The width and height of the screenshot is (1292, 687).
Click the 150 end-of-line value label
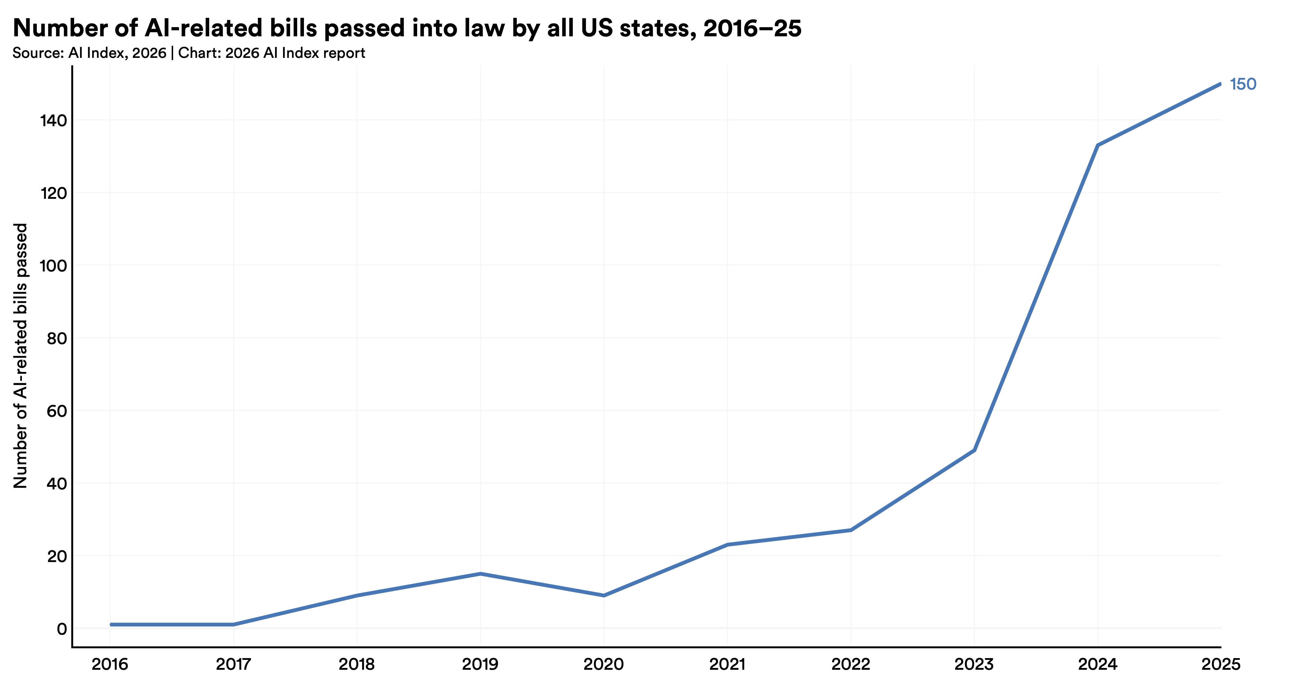[x=1242, y=84]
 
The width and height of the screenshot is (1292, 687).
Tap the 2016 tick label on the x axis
[x=110, y=665]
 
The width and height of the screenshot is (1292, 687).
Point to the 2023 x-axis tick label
[x=974, y=665]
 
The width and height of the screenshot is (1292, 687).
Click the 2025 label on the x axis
[x=1221, y=665]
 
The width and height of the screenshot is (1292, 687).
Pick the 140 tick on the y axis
[x=53, y=121]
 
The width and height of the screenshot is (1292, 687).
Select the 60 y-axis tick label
[x=56, y=411]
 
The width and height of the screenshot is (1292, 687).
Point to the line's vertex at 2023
[x=974, y=451]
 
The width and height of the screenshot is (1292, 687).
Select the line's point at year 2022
[x=851, y=530]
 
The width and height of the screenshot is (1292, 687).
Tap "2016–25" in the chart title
[x=752, y=28]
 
